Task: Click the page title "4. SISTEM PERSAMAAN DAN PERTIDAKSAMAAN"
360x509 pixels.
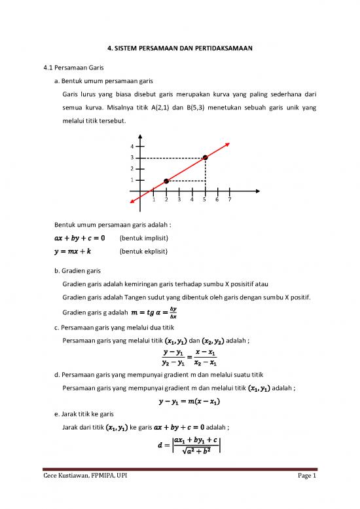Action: click(180, 48)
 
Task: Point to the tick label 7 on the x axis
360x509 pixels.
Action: click(229, 200)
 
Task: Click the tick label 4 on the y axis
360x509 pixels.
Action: click(132, 146)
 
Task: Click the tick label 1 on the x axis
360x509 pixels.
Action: click(153, 200)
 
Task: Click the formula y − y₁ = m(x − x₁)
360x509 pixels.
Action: click(180, 401)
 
